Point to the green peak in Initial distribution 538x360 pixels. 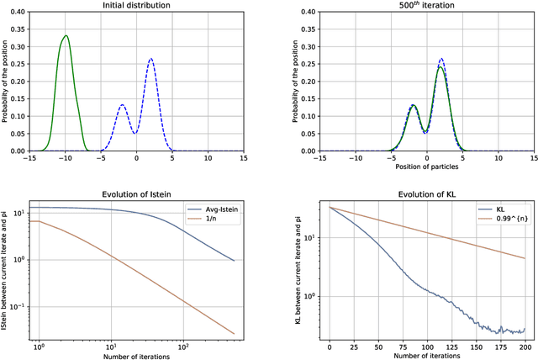[66, 36]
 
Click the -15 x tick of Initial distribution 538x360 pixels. [29, 157]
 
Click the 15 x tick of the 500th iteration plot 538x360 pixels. [534, 157]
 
